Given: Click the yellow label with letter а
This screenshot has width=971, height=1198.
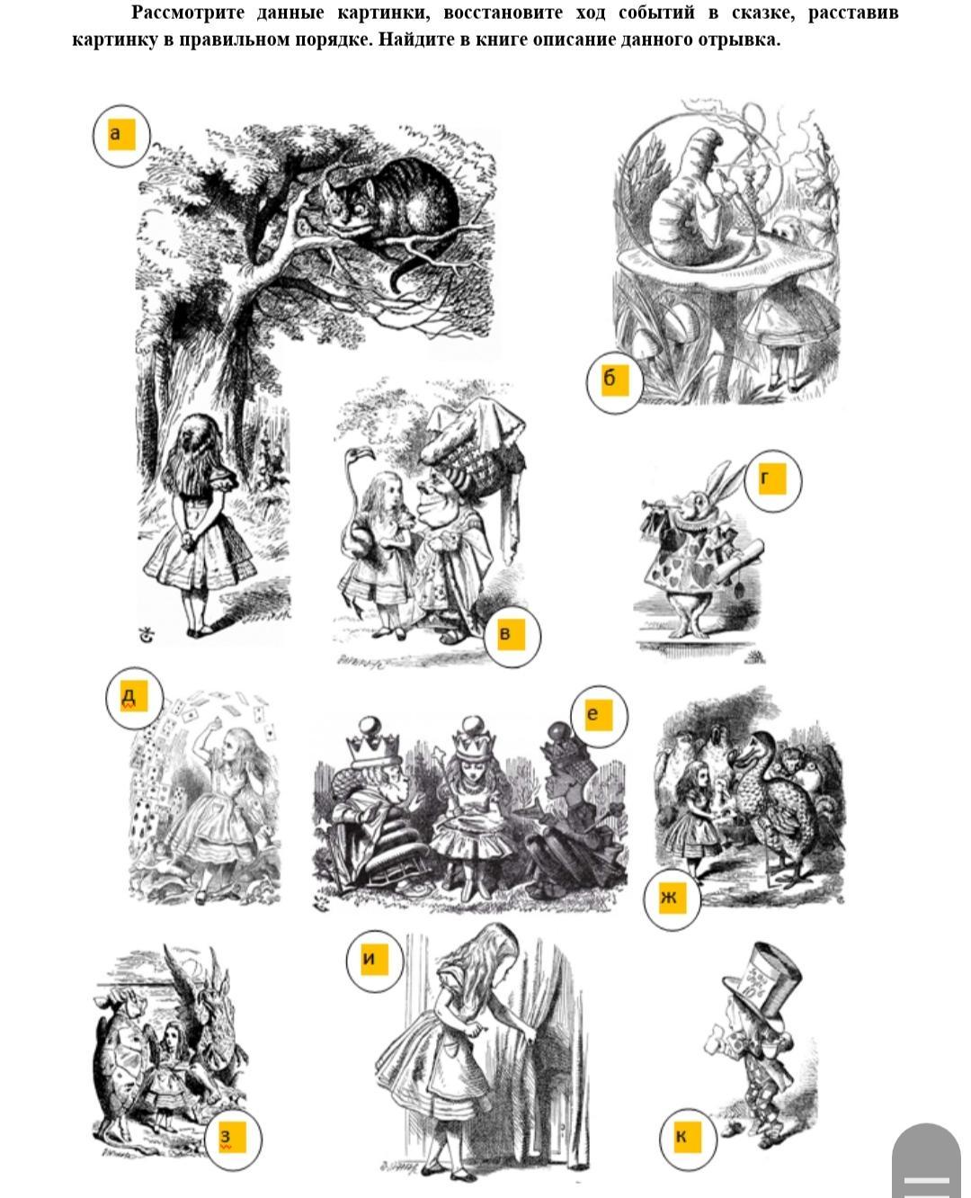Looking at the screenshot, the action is tap(121, 135).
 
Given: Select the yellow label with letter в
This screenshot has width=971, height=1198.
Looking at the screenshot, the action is tap(511, 634).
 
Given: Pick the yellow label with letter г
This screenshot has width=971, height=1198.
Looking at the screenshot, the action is tap(772, 479).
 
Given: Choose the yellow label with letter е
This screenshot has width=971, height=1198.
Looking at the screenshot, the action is tap(599, 715).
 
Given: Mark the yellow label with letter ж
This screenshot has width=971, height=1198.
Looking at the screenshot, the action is tap(672, 898).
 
